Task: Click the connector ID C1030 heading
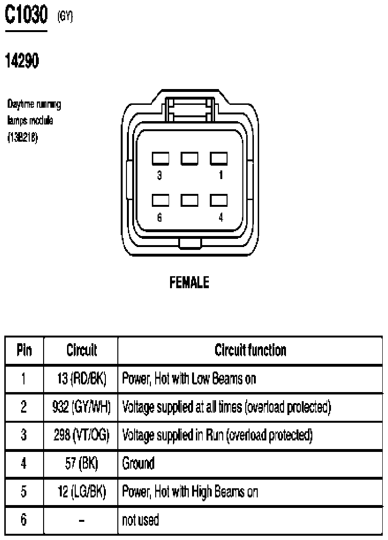click(26, 15)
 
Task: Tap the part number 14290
click(22, 61)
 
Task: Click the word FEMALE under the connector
click(189, 283)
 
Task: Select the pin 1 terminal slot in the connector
click(219, 158)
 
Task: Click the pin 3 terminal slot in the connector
click(160, 158)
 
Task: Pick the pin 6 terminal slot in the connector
click(160, 201)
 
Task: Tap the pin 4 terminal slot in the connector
click(219, 201)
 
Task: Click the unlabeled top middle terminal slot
click(190, 158)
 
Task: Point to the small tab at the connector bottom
click(190, 243)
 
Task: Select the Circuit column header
click(81, 350)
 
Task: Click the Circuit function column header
click(251, 350)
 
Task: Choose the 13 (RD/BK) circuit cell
click(81, 379)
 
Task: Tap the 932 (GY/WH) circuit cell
click(81, 407)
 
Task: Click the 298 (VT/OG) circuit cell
click(81, 435)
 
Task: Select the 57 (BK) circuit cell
click(81, 463)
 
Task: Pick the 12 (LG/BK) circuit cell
click(81, 492)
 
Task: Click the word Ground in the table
click(138, 463)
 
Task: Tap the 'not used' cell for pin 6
click(140, 520)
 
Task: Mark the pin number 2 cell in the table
click(23, 407)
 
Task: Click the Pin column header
click(24, 350)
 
